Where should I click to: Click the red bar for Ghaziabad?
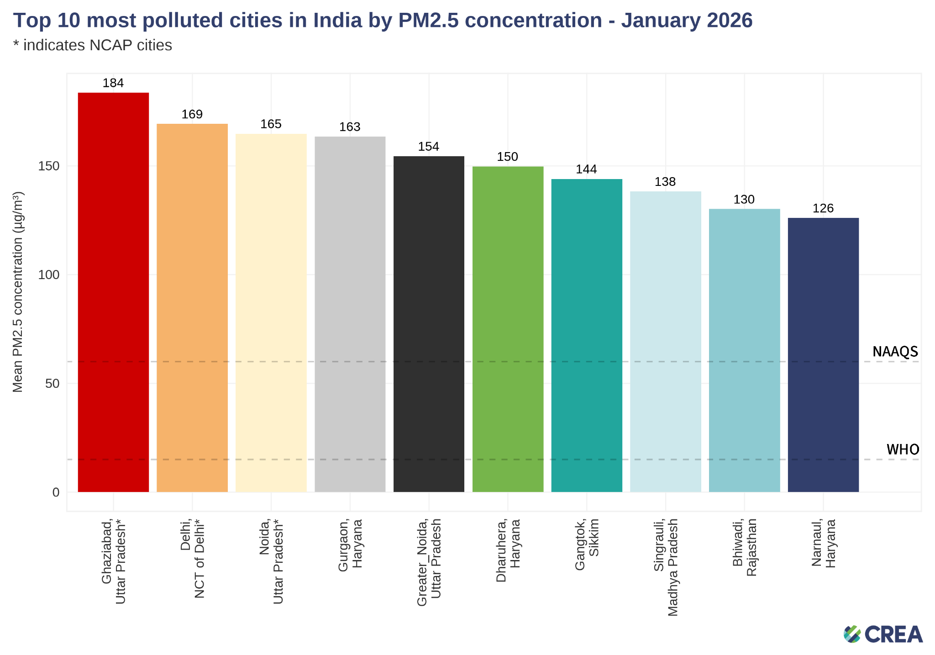pyautogui.click(x=113, y=292)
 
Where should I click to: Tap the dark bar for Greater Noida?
pyautogui.click(x=429, y=324)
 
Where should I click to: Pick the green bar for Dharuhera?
pyautogui.click(x=508, y=329)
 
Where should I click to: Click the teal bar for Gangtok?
pyautogui.click(x=587, y=335)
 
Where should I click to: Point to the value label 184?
pyautogui.click(x=113, y=83)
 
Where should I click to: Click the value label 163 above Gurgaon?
pyautogui.click(x=350, y=127)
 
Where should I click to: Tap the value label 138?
pyautogui.click(x=665, y=182)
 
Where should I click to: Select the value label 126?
pyautogui.click(x=823, y=208)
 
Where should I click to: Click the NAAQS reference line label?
pyautogui.click(x=895, y=351)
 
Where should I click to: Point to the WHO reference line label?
pyautogui.click(x=903, y=449)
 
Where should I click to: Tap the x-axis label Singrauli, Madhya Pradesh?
pyautogui.click(x=666, y=567)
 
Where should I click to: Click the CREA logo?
pyautogui.click(x=883, y=634)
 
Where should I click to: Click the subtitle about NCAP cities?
pyautogui.click(x=93, y=45)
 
